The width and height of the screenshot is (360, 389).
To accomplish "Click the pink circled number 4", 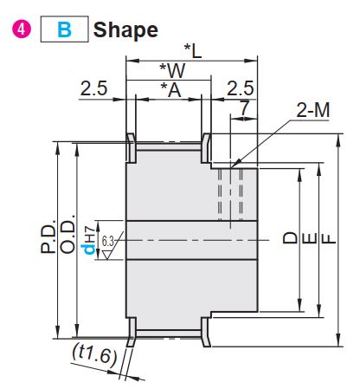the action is coord(22,29).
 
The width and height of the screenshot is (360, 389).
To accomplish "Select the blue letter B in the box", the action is coord(64,29).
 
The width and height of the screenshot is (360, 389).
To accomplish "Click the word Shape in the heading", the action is coord(125,30).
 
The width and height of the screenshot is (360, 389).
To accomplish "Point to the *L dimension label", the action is coord(193,51).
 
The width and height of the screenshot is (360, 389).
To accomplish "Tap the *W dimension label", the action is coord(172,70).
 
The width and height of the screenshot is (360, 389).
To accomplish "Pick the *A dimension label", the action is coord(171,90).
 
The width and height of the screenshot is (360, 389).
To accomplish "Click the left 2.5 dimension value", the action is coord(93,88).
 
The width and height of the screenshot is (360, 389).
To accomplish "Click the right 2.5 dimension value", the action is coord(241,88).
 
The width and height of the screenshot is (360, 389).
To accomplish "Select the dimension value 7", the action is coord(244,108).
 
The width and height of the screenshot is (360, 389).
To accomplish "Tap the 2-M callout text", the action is coord(313,110).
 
